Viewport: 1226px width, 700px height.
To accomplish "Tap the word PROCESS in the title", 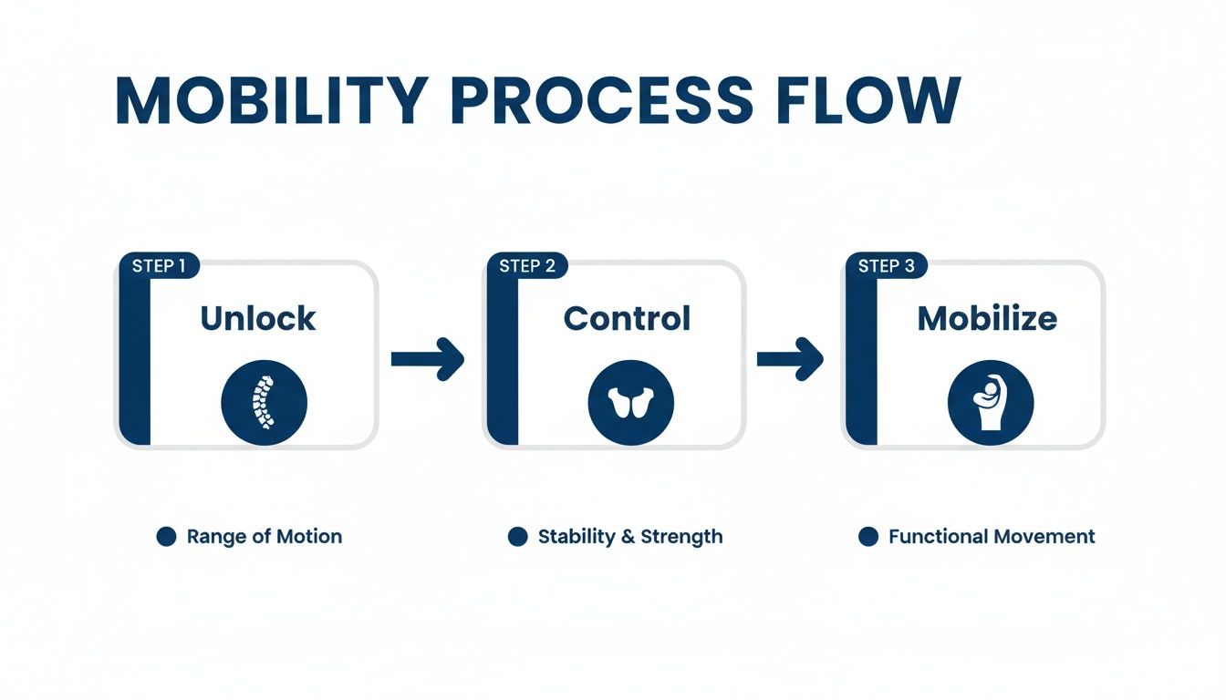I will coord(603,100).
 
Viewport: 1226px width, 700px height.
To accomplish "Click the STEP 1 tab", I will coord(159,266).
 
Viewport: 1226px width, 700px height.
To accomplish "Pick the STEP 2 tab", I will coord(526,266).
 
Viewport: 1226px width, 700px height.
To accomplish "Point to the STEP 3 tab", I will coord(886,266).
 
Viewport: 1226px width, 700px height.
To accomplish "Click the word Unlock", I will coord(258,318).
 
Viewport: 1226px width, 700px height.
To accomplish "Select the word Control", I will coord(627,318).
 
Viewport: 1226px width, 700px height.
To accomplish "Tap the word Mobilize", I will coord(987,318).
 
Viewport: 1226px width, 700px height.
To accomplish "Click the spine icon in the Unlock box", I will coord(265,402).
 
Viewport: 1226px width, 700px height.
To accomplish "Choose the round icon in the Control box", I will coord(630,402).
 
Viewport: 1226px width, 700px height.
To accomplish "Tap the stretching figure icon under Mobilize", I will coord(991,402).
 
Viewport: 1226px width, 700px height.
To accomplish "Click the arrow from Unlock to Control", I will coord(428,359).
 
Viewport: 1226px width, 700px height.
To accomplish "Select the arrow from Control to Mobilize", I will coord(790,359).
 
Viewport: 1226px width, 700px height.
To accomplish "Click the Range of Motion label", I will coord(264,537).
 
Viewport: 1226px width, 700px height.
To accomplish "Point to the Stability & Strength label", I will coord(629,537).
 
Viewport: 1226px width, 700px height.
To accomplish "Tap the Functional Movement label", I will coord(992,537).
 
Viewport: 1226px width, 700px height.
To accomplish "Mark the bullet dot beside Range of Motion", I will coord(166,537).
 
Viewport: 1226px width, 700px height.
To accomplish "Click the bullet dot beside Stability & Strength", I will coord(517,537).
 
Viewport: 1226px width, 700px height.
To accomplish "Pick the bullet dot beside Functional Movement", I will coord(868,537).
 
